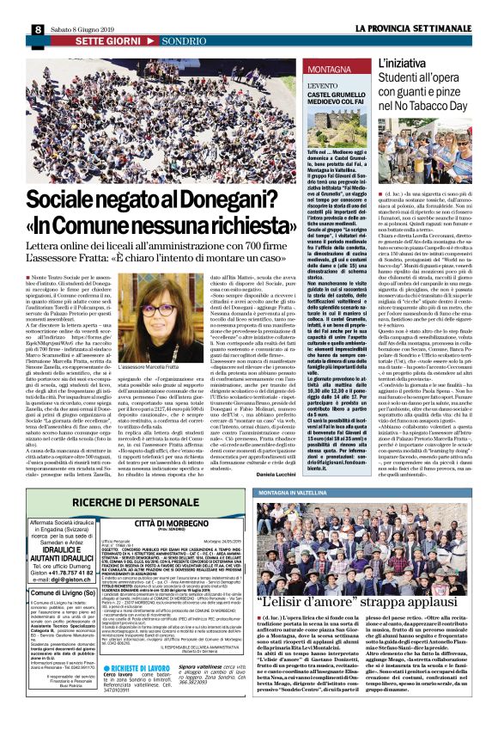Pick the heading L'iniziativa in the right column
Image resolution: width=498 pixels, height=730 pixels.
point(404,64)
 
